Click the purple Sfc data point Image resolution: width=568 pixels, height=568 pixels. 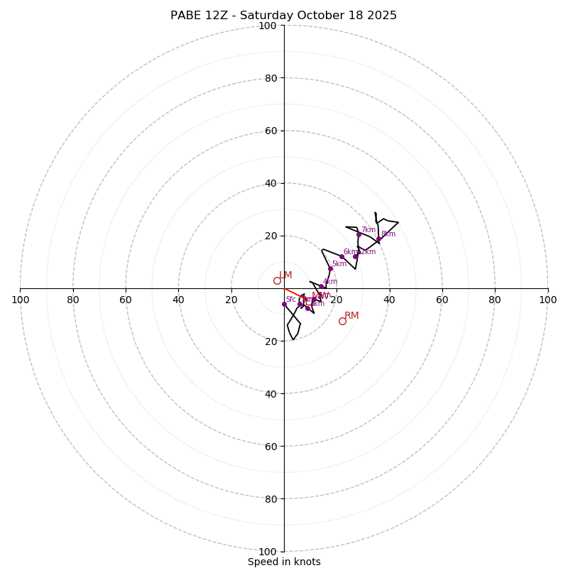click(284, 304)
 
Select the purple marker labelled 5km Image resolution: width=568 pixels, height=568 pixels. click(330, 268)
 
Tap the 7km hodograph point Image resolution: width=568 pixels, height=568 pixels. click(359, 234)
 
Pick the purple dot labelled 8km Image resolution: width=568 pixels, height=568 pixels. click(378, 239)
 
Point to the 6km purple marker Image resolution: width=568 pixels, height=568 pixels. click(342, 256)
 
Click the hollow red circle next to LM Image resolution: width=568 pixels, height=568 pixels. click(277, 280)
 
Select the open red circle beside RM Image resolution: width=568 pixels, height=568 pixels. click(342, 321)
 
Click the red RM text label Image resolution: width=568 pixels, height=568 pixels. click(351, 315)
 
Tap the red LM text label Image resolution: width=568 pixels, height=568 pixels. click(285, 275)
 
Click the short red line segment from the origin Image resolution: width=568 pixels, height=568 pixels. click(292, 292)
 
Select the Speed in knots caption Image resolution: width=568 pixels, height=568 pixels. click(284, 562)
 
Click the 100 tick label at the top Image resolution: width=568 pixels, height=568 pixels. click(268, 26)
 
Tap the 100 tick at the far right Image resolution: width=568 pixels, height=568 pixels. click(547, 300)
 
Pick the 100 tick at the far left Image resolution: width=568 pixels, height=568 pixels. click(21, 300)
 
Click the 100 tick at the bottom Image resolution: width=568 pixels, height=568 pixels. click(268, 551)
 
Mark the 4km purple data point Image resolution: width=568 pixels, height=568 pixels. click(321, 286)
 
